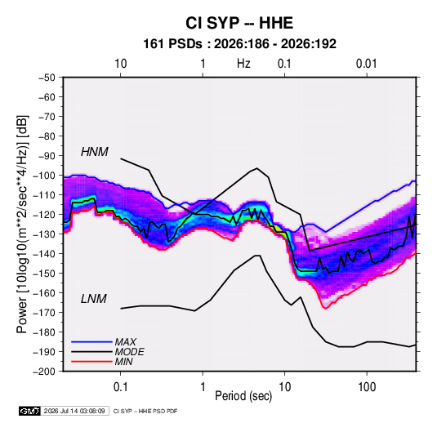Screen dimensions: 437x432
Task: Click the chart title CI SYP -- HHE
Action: coord(239,23)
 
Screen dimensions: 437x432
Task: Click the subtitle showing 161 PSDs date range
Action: coord(239,44)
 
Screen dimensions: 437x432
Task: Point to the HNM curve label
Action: coord(95,152)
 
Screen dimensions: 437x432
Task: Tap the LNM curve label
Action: coord(94,299)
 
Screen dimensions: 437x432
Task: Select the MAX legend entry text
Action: coord(126,341)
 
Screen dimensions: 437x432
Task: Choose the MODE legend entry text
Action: coord(129,352)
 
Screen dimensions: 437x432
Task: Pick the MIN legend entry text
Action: coord(123,362)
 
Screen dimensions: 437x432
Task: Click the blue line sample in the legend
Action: coord(91,341)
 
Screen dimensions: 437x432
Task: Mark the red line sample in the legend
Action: coord(91,362)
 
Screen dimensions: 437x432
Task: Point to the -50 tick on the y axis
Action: coord(47,78)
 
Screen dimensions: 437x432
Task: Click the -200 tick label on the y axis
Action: coord(44,372)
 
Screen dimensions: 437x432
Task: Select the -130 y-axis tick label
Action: coord(44,234)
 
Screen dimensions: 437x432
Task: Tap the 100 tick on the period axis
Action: coord(367,387)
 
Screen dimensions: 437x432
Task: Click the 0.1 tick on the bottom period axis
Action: coord(120,387)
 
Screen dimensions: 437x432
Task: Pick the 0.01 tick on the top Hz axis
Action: coord(367,64)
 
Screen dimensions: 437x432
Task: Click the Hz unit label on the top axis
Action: coord(243,64)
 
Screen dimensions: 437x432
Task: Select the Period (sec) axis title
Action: coord(243,396)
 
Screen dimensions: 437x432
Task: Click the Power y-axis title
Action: coord(22,225)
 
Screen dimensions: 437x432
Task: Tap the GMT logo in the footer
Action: coord(30,411)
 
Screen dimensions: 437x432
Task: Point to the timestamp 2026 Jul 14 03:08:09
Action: coord(74,411)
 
